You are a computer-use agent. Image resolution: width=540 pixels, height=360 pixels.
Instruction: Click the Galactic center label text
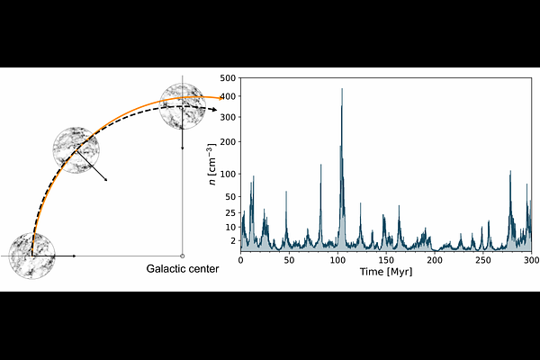tap(183, 269)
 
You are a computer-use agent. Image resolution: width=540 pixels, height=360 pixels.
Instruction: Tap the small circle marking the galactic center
tap(183, 256)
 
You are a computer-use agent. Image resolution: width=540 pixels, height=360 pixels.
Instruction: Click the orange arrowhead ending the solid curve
tap(220, 98)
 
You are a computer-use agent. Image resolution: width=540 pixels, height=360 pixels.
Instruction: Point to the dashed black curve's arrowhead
tap(214, 110)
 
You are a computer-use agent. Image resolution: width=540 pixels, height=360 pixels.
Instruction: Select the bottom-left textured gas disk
tap(32, 256)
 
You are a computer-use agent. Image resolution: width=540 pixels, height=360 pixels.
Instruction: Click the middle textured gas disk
tap(76, 150)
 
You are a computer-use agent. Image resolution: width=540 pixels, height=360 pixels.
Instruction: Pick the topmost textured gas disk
tap(183, 106)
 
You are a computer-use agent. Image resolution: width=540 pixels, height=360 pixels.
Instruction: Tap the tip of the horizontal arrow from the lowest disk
tap(76, 256)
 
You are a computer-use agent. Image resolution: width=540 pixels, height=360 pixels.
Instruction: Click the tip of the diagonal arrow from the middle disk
tap(107, 181)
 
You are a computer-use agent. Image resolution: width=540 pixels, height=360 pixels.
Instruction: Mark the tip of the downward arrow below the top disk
tap(183, 149)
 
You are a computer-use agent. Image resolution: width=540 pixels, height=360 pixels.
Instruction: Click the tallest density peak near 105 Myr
tap(342, 89)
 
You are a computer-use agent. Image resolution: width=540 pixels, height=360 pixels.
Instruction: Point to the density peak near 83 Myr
tap(321, 165)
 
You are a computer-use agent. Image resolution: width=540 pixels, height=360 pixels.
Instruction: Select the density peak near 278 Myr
tap(510, 171)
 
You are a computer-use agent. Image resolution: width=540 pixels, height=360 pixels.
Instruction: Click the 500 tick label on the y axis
tap(228, 78)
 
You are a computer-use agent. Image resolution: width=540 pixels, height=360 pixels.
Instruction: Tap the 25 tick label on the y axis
tap(230, 213)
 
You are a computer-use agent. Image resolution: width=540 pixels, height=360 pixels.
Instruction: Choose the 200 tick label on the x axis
tap(435, 260)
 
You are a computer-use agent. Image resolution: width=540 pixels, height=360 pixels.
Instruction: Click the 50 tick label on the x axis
tap(289, 260)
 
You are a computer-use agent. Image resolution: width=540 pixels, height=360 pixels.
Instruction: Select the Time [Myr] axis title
tap(386, 272)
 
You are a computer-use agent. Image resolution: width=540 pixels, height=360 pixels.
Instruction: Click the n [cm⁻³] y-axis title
tap(213, 165)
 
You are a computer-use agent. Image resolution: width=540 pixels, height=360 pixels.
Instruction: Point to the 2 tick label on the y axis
tap(233, 241)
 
